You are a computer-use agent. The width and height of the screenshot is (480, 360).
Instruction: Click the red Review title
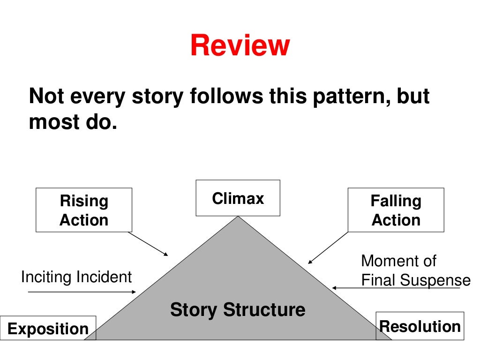tap(240, 46)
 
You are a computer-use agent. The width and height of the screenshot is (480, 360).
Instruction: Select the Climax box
tap(238, 198)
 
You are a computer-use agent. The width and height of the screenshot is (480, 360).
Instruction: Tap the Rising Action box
tap(84, 210)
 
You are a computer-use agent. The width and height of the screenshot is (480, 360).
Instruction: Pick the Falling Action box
tap(396, 210)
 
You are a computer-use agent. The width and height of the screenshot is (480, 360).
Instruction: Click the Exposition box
tap(48, 329)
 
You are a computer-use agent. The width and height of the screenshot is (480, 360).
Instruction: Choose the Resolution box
tap(420, 326)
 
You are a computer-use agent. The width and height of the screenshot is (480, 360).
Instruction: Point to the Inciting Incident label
tap(76, 277)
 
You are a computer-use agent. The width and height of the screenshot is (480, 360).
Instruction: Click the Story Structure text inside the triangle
tap(237, 310)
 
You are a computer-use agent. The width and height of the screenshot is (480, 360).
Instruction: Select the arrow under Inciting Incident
tap(82, 292)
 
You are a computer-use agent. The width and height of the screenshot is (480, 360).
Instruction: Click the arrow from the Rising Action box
tap(148, 244)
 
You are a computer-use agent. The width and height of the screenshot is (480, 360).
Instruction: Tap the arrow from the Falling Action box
tap(328, 247)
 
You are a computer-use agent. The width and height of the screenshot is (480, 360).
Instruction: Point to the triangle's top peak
tap(238, 217)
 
